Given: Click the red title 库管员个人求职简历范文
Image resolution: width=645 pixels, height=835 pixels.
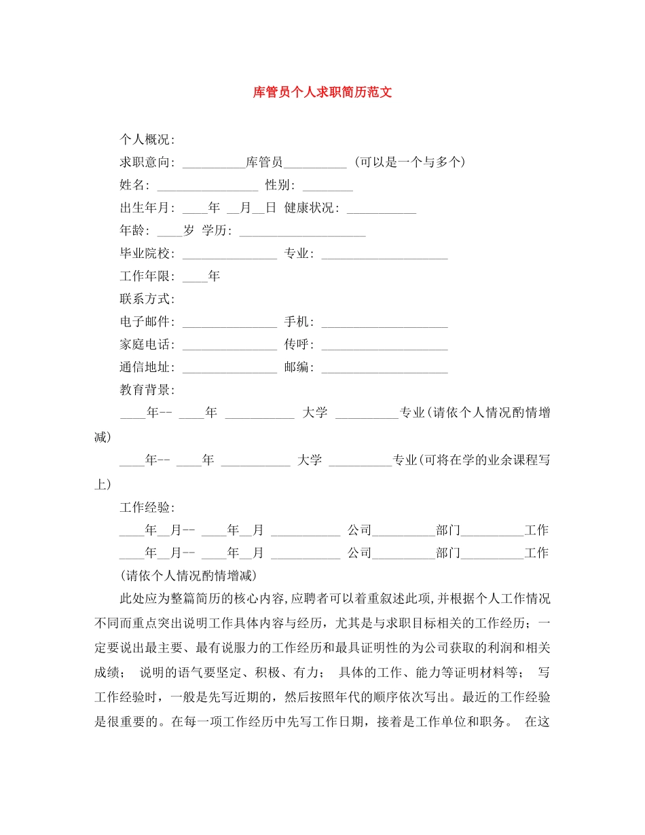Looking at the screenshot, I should coord(322,92).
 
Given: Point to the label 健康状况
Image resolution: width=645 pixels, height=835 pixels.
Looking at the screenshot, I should coord(311,208).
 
